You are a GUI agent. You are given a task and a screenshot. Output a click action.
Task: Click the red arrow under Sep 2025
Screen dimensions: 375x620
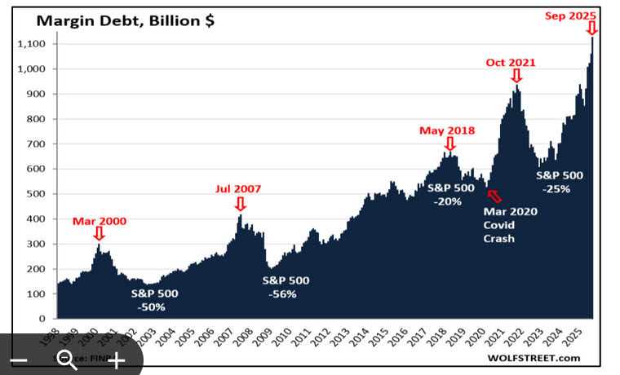click(x=591, y=29)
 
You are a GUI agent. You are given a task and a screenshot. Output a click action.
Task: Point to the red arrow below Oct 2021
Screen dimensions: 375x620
click(x=516, y=76)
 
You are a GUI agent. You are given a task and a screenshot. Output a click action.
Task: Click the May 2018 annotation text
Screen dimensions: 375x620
click(x=447, y=130)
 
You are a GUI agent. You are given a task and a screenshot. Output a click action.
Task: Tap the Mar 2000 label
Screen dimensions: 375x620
click(x=100, y=220)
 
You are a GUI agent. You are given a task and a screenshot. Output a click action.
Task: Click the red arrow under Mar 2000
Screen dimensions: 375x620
click(x=100, y=235)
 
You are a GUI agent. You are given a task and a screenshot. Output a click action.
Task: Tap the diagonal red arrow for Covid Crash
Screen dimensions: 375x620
click(x=494, y=194)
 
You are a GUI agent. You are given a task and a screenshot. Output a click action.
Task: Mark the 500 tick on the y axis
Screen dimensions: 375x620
click(x=38, y=194)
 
